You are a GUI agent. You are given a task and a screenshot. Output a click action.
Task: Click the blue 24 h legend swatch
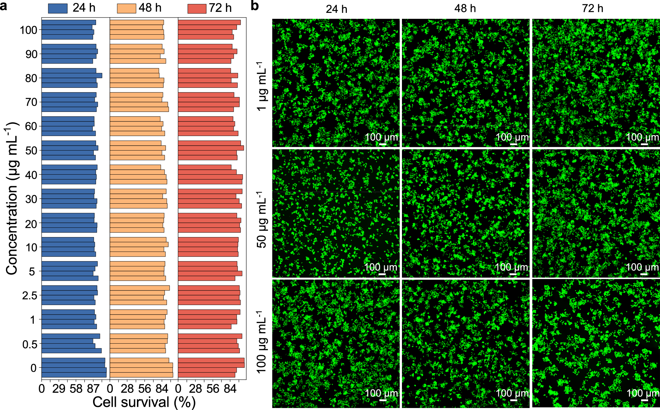click(x=58, y=8)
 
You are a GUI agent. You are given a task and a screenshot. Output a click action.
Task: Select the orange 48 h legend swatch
click(x=126, y=8)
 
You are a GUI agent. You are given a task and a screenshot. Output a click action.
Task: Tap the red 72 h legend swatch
click(x=197, y=8)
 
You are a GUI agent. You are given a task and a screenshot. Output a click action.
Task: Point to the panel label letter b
click(x=254, y=6)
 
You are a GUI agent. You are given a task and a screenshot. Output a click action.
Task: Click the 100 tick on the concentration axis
click(x=28, y=30)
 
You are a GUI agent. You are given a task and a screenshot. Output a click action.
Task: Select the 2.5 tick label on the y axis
click(x=30, y=295)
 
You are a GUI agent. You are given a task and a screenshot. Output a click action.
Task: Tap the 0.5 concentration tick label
click(x=30, y=344)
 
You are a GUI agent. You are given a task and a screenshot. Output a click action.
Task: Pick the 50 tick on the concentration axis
click(x=31, y=151)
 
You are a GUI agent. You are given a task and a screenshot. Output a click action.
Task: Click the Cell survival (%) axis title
click(x=144, y=402)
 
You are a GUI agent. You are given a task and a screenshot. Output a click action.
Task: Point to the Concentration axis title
click(x=12, y=198)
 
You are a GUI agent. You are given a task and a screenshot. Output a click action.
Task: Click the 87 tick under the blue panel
click(x=93, y=389)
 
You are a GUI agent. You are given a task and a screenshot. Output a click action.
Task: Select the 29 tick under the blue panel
click(x=59, y=389)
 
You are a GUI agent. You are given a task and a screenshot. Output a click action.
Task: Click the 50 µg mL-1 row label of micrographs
click(x=262, y=220)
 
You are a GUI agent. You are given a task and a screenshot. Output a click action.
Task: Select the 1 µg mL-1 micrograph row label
click(x=262, y=86)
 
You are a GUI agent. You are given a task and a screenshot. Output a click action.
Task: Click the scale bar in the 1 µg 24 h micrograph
click(x=382, y=144)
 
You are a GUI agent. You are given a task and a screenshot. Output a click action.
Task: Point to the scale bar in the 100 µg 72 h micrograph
click(x=644, y=400)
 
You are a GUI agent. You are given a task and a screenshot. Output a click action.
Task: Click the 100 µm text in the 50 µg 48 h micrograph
click(x=511, y=267)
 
